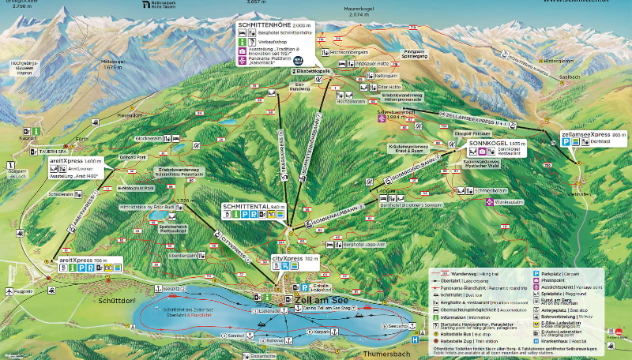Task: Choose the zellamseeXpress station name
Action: click(585, 135)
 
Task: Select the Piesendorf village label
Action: click(127, 114)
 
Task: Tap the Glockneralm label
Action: click(148, 138)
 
